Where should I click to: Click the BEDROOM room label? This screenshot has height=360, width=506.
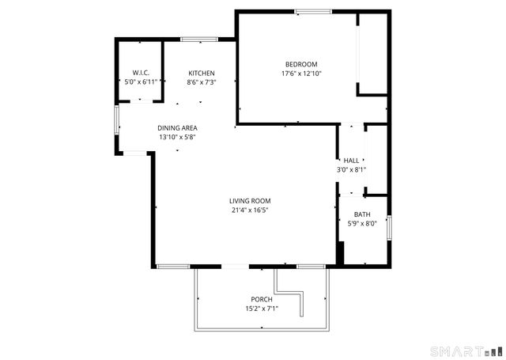[x=301, y=64]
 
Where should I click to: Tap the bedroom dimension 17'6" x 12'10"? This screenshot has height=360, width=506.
[x=301, y=74]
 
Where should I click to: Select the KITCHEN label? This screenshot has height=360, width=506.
[x=202, y=73]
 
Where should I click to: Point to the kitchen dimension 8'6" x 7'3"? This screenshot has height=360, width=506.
[x=202, y=81]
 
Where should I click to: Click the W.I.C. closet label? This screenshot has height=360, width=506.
[x=142, y=73]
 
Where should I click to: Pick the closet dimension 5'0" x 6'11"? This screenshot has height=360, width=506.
[x=142, y=81]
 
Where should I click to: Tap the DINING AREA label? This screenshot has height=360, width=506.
[x=177, y=128]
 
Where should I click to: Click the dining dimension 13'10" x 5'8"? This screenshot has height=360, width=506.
[x=177, y=137]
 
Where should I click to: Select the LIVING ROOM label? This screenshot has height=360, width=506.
[x=251, y=201]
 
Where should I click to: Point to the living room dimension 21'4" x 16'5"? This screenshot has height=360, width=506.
[x=251, y=210]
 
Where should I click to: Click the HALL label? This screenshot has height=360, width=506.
[x=351, y=161]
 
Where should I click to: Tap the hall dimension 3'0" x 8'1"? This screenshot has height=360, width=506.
[x=351, y=169]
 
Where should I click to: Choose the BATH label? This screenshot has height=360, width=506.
[x=362, y=214]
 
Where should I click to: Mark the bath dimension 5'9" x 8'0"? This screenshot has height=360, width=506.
[x=362, y=223]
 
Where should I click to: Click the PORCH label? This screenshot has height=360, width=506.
[x=262, y=299]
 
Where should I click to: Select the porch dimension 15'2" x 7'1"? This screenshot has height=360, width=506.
[x=262, y=308]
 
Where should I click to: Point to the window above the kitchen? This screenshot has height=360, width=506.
[x=199, y=39]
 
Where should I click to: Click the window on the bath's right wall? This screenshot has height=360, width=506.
[x=390, y=226]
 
